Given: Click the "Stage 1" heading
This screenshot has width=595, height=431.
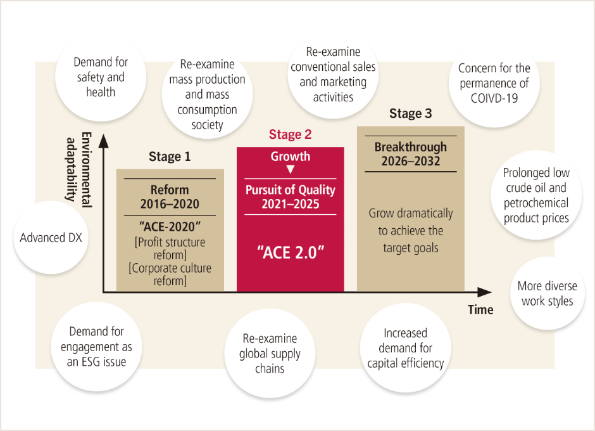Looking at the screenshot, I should (x=170, y=157).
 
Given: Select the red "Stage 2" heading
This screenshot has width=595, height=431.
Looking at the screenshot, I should (x=291, y=134).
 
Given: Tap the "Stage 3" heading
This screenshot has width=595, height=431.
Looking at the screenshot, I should (x=410, y=114).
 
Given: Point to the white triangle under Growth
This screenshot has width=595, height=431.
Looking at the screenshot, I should (x=291, y=169).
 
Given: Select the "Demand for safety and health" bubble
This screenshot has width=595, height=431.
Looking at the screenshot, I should (x=101, y=77).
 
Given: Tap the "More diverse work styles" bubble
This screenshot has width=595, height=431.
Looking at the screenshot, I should (x=547, y=293).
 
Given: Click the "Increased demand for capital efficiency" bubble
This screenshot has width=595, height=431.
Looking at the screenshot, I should (x=405, y=348).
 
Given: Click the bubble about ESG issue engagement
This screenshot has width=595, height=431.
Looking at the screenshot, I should (x=97, y=347).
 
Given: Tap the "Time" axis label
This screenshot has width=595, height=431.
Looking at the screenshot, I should (x=480, y=310).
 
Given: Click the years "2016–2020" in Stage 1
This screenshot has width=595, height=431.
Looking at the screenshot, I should (x=170, y=204).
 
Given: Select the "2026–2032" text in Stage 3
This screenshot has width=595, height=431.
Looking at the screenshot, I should (x=410, y=161).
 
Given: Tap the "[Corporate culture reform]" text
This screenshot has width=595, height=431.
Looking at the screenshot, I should (x=170, y=274).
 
